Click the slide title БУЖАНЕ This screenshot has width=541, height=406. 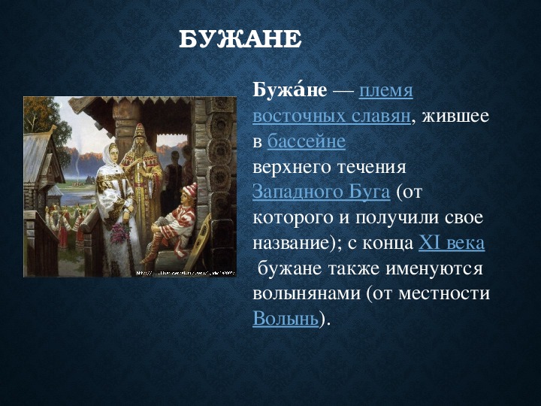click(x=240, y=39)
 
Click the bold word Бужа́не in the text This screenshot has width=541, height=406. click(x=289, y=91)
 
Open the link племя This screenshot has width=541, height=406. click(x=385, y=92)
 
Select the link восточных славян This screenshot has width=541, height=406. click(x=331, y=117)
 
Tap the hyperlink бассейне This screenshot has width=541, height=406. click(x=307, y=141)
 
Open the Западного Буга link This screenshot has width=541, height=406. click(x=322, y=192)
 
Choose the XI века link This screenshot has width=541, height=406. click(x=452, y=243)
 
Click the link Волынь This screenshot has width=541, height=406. click(x=286, y=318)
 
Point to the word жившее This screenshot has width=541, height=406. click(x=455, y=117)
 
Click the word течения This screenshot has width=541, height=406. click(x=371, y=168)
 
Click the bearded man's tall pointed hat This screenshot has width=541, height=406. click(x=140, y=132)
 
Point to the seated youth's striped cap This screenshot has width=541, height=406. click(x=189, y=190)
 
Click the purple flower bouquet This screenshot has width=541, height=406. click(x=119, y=233)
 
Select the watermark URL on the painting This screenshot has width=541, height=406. click(x=186, y=273)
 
